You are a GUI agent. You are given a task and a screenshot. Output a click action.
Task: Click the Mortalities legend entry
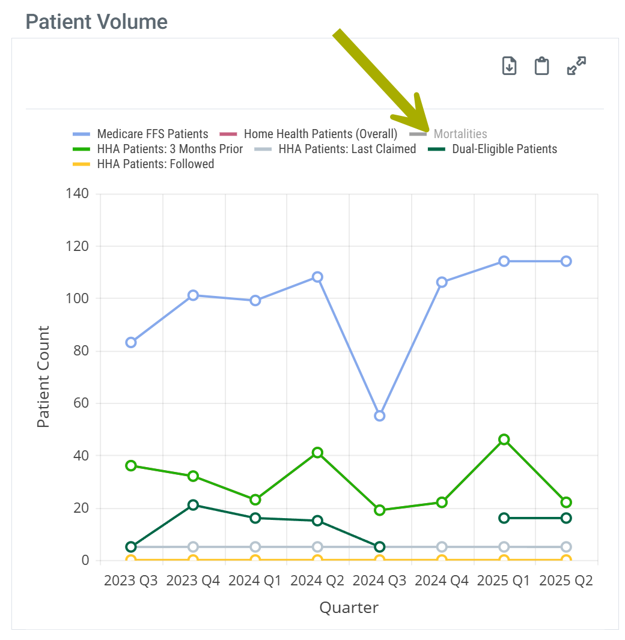pos(460,134)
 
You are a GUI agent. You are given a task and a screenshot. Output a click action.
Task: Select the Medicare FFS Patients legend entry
pos(153,134)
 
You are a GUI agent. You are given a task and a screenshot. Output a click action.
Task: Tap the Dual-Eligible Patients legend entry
pos(504,149)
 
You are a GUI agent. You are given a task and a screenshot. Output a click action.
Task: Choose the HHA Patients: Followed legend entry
pos(155,164)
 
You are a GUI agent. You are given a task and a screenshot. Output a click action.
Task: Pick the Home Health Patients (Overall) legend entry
pos(320,134)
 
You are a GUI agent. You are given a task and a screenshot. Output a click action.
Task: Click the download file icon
pos(510,66)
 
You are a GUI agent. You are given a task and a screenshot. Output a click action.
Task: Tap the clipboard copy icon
pos(542,66)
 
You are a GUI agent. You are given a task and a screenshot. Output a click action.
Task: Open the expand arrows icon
pos(576,66)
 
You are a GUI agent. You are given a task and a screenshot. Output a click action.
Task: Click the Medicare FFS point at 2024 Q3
pos(380,415)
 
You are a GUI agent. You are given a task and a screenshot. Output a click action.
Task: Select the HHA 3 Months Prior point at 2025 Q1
pos(504,439)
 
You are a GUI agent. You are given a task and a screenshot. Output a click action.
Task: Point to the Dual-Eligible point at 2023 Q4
pos(193,505)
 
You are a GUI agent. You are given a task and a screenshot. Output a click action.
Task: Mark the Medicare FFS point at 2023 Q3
pos(131,342)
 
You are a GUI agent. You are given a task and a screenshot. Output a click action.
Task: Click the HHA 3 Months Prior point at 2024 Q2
pos(317,453)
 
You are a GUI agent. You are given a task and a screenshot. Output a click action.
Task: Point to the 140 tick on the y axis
pos(78,193)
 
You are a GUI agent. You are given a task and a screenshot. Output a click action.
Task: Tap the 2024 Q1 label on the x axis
pos(255,581)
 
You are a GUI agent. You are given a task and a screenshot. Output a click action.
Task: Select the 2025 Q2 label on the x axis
pos(566,581)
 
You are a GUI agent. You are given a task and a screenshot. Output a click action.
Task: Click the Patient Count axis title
pos(43,376)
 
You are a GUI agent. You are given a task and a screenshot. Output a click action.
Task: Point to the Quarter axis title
pos(349,608)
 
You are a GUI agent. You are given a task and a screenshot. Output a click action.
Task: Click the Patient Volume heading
pos(97,22)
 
